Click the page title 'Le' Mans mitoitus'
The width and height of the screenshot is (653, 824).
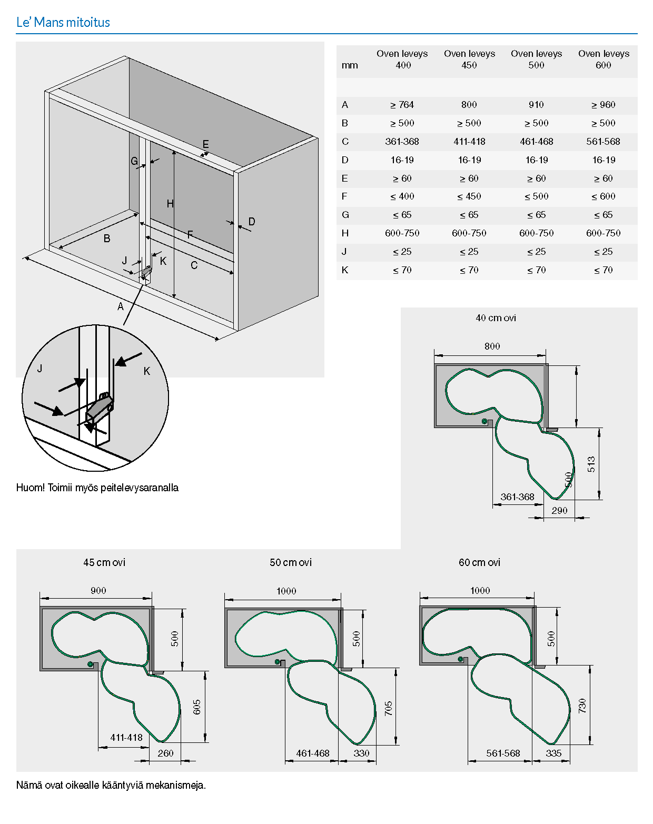coord(63,22)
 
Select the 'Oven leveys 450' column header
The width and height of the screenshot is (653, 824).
coord(469,59)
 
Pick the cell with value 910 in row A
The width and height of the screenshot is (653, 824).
coord(536,105)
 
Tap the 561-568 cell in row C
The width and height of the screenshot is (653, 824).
coord(603,142)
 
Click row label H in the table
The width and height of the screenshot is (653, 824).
coord(345,233)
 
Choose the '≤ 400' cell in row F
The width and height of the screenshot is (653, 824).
coord(402,196)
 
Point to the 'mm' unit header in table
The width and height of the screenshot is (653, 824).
coord(350,65)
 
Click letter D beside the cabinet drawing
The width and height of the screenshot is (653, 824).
coord(252,222)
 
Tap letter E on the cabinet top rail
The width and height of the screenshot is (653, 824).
coord(205,144)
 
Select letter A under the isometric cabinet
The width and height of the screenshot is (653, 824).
coord(121,306)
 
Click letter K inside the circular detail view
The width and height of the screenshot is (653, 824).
coord(147,371)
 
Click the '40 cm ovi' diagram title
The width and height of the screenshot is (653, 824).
coord(496,318)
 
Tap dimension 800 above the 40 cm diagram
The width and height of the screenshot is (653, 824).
coord(492,346)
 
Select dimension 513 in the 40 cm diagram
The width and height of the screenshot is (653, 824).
coord(591,464)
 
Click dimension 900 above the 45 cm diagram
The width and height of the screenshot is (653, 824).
coord(98,591)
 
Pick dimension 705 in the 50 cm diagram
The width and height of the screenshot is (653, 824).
coord(389,708)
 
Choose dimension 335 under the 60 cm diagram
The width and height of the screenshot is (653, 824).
coord(553,753)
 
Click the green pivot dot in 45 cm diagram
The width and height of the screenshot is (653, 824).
coord(91,664)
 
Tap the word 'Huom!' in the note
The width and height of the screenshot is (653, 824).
coord(31,488)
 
